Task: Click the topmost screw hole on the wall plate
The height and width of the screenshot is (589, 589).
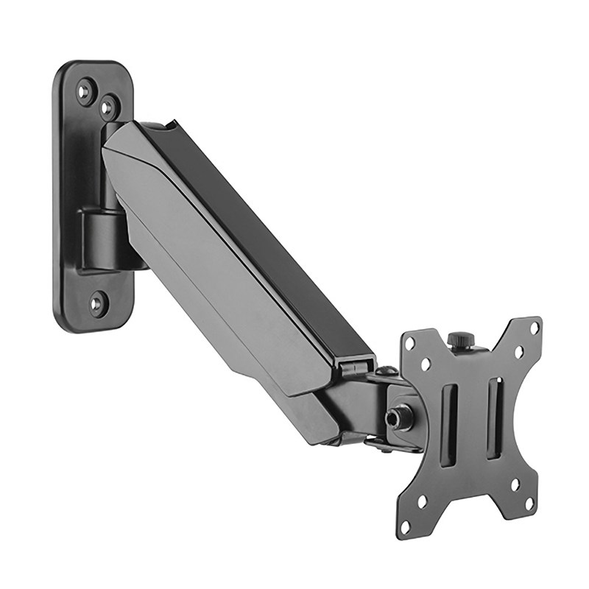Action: click(x=86, y=91)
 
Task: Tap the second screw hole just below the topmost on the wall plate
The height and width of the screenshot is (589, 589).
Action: click(x=109, y=107)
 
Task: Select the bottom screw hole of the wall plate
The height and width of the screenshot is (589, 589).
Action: click(x=97, y=302)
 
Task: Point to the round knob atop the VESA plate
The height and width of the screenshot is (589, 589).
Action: click(x=460, y=339)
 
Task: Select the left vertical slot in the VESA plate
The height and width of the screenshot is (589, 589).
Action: click(x=448, y=425)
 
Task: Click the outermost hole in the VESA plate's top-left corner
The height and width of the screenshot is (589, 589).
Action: click(x=409, y=344)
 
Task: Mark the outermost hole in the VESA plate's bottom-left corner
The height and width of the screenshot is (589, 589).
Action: click(x=404, y=526)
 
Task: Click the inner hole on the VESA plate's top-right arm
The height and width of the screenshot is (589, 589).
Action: click(x=518, y=353)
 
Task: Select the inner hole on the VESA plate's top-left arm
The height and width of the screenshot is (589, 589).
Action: click(x=426, y=364)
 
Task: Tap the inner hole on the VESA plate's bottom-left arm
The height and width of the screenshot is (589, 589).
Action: click(x=422, y=501)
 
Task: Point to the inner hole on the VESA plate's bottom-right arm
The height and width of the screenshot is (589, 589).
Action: click(x=515, y=484)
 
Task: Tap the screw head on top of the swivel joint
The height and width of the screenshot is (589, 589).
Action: click(x=386, y=372)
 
